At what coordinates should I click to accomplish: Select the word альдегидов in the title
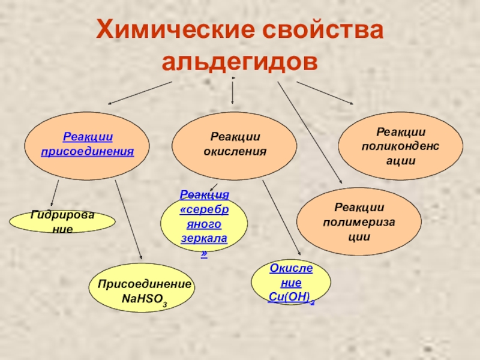pos(239,62)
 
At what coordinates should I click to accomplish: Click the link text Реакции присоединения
pos(88,145)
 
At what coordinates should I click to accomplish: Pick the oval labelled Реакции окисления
pos(235,145)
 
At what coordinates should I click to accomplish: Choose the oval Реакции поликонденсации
pos(401,146)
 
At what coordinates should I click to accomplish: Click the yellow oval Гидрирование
pos(62,221)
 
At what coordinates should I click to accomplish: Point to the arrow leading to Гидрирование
pos(54,194)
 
